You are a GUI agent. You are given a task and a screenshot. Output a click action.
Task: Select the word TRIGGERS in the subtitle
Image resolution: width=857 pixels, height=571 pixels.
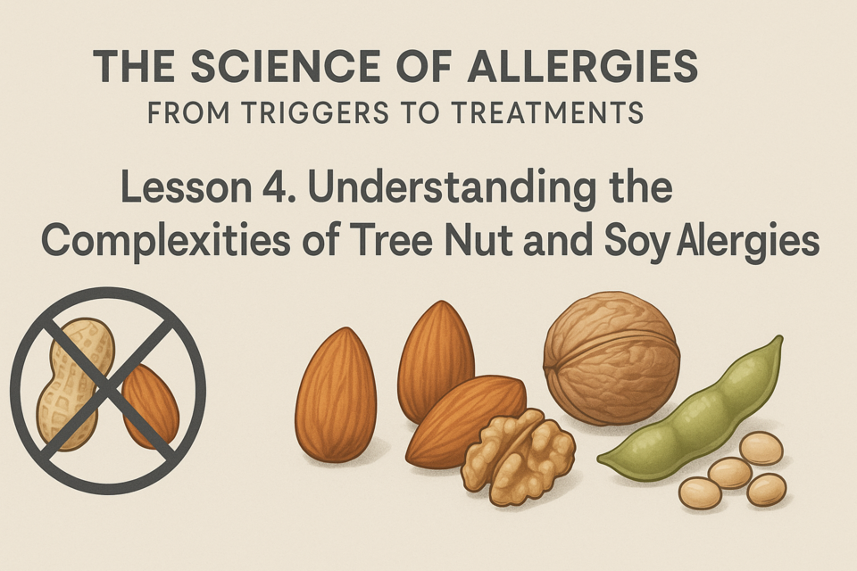[314, 113]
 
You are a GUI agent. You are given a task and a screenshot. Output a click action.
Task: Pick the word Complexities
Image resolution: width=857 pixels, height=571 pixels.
[166, 242]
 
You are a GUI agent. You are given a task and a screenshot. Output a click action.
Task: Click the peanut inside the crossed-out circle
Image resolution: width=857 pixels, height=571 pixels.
[75, 385]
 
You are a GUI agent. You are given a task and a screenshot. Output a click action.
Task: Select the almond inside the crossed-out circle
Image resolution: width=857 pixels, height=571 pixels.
[150, 405]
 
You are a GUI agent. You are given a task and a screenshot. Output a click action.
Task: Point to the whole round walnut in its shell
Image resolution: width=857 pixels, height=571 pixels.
[612, 359]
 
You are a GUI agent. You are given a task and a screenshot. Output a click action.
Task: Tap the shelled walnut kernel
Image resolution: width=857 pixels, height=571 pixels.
[518, 457]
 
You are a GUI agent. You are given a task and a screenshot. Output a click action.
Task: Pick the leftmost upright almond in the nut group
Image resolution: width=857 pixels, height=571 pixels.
[336, 394]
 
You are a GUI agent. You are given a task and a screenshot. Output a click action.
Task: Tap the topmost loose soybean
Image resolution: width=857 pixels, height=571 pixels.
[761, 448]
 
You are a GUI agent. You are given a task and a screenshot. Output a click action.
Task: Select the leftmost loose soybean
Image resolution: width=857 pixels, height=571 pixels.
[700, 492]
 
